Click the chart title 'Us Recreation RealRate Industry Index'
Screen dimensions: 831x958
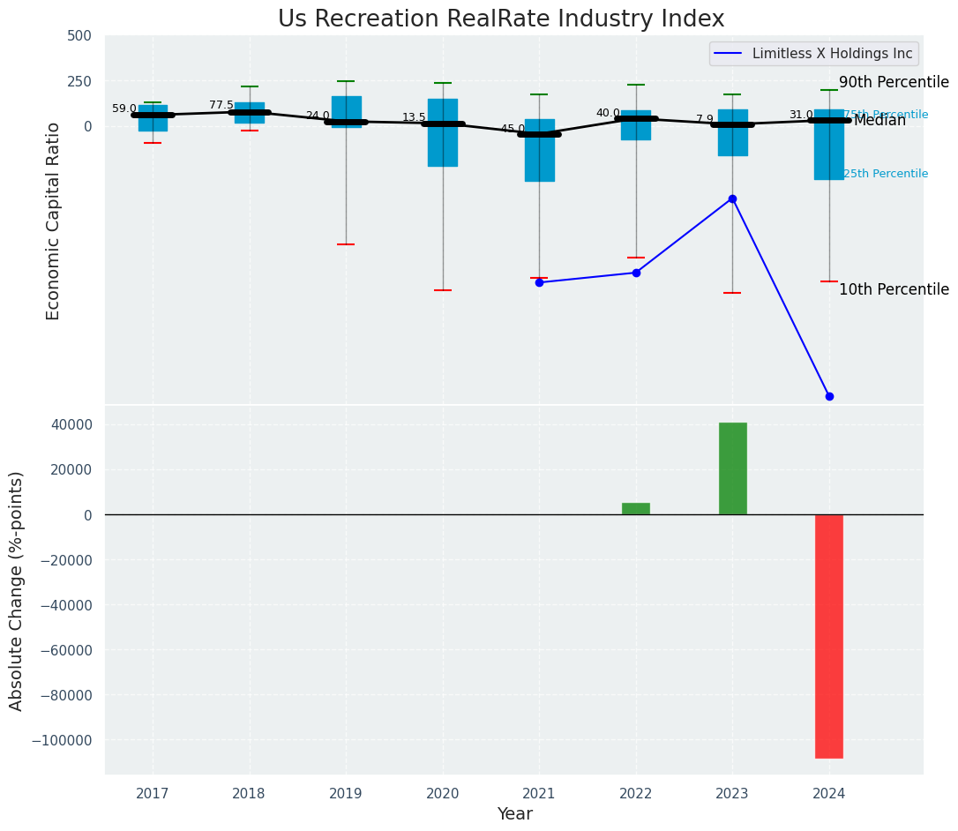tap(501, 19)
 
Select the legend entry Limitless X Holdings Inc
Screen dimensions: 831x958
tap(832, 54)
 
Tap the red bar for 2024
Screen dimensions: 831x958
tap(828, 635)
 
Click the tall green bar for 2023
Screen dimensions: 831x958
tap(732, 468)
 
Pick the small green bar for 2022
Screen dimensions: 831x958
tap(636, 509)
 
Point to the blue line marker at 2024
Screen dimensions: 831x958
tap(829, 396)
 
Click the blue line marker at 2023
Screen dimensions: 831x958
tap(732, 198)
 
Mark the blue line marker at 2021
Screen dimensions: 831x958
tap(539, 282)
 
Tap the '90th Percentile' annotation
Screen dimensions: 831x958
tap(894, 83)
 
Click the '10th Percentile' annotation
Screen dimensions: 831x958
tap(894, 290)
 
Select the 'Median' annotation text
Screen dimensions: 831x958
tap(879, 121)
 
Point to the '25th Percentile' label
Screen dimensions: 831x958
tap(886, 174)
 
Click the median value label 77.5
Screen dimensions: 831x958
tap(221, 105)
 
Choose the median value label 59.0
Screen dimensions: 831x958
tap(124, 109)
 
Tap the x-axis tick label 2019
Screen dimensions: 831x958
tap(346, 794)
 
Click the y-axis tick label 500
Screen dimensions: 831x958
tap(79, 36)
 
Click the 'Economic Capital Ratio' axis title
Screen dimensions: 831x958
tap(54, 221)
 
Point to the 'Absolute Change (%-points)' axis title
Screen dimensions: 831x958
tap(17, 590)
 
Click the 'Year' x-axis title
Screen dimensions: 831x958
tap(514, 814)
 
